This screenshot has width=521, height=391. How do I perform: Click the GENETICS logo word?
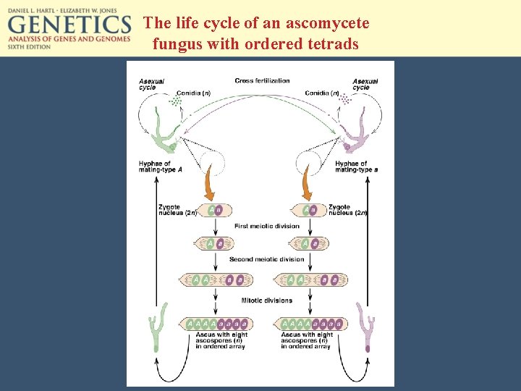[69, 25]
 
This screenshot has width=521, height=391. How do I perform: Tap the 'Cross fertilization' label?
[262, 80]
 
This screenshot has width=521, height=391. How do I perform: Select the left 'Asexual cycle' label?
[151, 84]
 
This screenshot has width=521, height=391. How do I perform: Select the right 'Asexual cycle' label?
[365, 84]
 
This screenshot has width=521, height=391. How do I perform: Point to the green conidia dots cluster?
[174, 102]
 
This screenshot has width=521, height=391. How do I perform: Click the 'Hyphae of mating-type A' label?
[160, 167]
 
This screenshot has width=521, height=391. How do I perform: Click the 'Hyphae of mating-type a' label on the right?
[356, 167]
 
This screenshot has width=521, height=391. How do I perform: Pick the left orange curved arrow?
[209, 185]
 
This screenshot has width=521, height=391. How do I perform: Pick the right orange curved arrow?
[308, 185]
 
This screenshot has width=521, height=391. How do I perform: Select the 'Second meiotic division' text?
[266, 259]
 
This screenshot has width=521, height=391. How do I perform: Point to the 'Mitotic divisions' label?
[266, 300]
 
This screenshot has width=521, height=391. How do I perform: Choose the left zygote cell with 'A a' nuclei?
[215, 210]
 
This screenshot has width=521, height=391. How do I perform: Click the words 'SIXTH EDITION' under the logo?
[30, 46]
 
